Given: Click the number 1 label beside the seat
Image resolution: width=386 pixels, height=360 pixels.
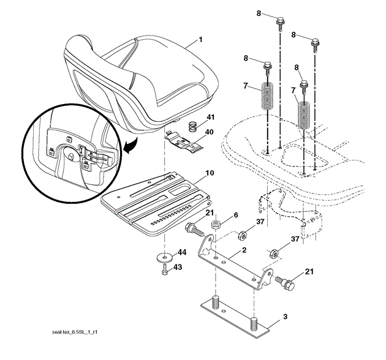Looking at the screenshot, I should point(200,41).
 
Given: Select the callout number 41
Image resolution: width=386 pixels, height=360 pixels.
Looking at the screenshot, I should point(210,118).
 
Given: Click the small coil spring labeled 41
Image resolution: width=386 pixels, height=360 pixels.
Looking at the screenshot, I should point(191,127).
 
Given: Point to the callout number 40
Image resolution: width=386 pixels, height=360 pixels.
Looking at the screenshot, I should point(210,131).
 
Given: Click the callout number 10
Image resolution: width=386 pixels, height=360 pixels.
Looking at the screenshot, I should point(209,173).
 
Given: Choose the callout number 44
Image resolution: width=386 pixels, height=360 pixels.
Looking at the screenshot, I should point(181,252).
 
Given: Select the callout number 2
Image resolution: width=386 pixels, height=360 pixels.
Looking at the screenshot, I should point(244,250).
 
